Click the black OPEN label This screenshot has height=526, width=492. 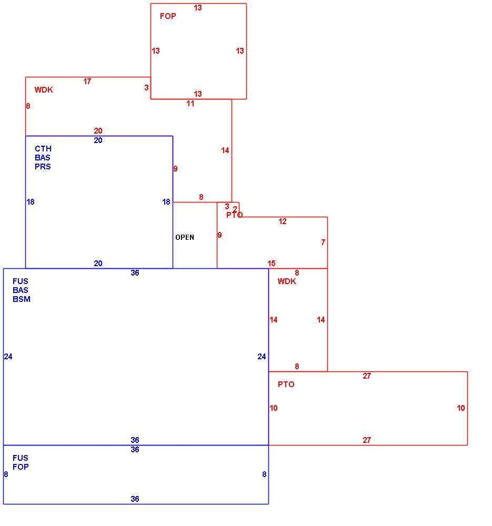185,237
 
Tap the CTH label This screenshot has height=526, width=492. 43,149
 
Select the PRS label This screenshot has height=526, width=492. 43,167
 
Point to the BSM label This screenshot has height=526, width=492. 22,299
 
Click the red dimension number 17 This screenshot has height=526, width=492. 87,81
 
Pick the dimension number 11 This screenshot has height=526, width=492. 190,104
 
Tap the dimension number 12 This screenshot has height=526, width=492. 283,221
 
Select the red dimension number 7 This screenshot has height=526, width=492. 323,242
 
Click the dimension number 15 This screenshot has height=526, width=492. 271,264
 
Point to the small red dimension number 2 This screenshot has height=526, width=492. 235,209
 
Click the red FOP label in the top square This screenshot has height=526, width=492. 168,16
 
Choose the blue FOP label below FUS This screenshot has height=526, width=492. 21,467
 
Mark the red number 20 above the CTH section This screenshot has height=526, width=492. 98,131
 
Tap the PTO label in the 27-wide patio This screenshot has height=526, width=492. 286,385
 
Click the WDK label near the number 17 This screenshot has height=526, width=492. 44,90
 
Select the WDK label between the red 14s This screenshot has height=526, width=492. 287,281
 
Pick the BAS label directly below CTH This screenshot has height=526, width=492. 42,158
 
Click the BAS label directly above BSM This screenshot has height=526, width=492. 20,290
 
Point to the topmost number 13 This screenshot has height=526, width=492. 198,8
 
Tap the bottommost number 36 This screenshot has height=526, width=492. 135,499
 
